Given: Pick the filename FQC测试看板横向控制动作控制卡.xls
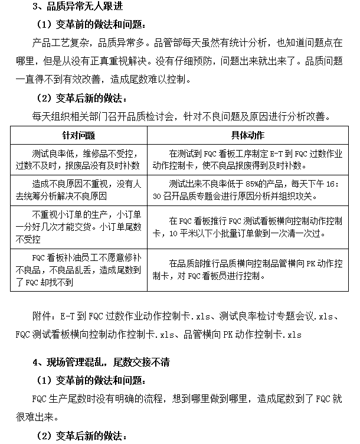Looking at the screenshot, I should pos(95,334).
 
